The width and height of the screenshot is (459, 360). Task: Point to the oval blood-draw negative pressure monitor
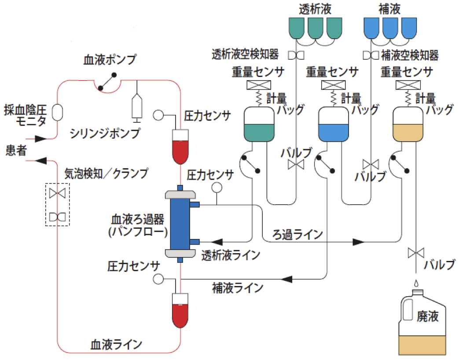58,112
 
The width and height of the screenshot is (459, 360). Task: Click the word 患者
16,151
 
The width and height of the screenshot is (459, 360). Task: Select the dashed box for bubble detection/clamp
58,205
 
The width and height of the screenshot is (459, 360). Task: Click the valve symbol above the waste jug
416,253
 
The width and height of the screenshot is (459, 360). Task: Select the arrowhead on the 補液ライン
287,279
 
